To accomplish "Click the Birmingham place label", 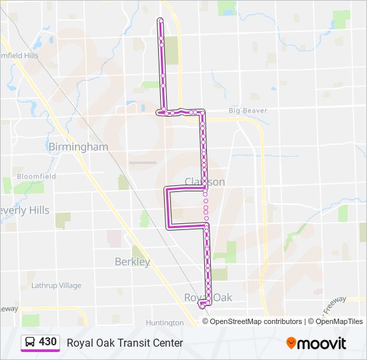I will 78,147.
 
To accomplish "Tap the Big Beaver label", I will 243,110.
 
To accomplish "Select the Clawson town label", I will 205,181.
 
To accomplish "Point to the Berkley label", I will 132,262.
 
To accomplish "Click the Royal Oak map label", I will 208,297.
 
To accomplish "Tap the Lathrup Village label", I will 56,285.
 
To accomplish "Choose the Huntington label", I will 164,323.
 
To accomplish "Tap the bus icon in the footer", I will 30,343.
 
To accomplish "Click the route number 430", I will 47,342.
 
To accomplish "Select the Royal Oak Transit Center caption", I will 124,343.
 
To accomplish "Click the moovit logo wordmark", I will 323,343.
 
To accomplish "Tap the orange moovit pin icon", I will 292,343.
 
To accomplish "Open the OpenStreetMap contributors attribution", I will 256,321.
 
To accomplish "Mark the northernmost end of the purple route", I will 160,21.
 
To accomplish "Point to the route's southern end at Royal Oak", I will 202,305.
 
